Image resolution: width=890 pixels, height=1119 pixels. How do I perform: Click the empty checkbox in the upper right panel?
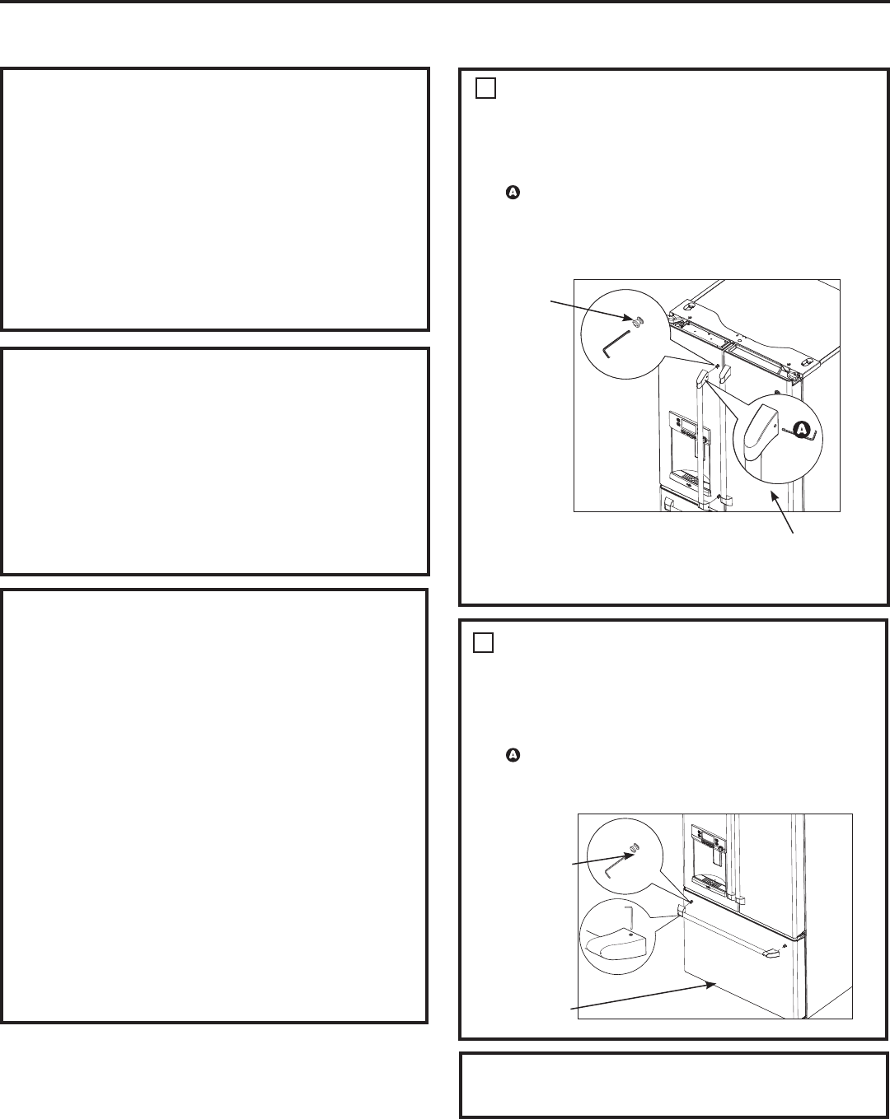pos(485,88)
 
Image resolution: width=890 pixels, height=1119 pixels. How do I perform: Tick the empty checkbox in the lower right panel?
pos(483,643)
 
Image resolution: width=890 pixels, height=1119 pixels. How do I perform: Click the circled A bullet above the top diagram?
pos(513,193)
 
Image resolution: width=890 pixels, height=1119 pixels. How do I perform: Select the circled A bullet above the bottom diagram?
pos(513,755)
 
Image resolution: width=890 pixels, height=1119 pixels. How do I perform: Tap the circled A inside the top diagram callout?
pos(802,430)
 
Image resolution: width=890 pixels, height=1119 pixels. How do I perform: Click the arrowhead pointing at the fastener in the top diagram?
pos(628,317)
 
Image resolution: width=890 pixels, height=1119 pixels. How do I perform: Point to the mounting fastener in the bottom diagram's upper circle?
pos(634,849)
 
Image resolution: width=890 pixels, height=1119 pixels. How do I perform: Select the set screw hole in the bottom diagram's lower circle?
pos(630,935)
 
